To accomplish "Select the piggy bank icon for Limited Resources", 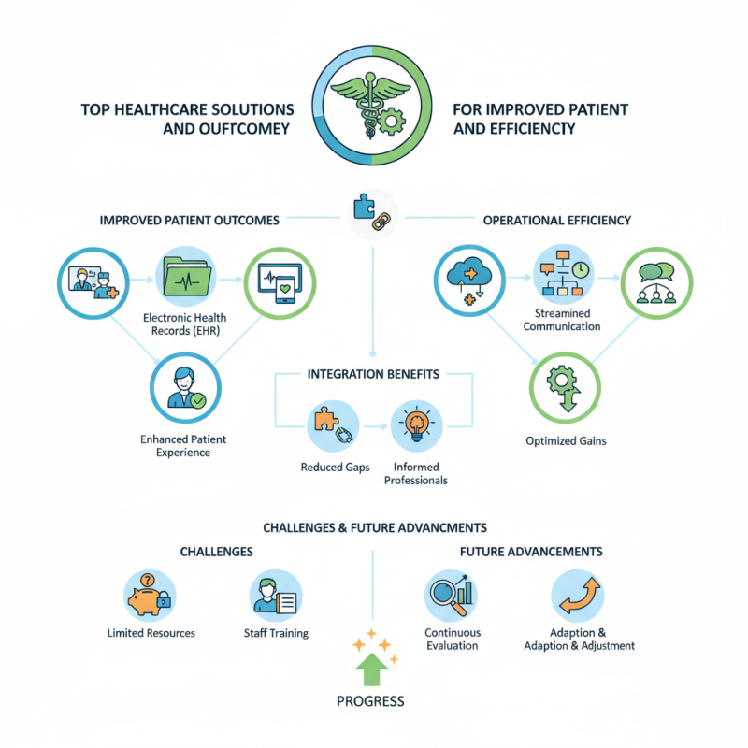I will coord(150,594).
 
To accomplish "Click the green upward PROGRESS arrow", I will coord(373,669).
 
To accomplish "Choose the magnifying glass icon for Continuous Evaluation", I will coord(452,594).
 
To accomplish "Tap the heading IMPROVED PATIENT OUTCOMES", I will coord(189,221).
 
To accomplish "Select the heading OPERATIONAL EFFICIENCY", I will coord(556,221).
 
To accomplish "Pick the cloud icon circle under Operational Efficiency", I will coord(467,278).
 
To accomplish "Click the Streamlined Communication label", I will coord(561,320).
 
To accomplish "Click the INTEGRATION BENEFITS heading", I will coord(373,374).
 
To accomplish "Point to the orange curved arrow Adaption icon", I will coord(577,594).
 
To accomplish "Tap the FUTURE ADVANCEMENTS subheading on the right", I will coord(530,552).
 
